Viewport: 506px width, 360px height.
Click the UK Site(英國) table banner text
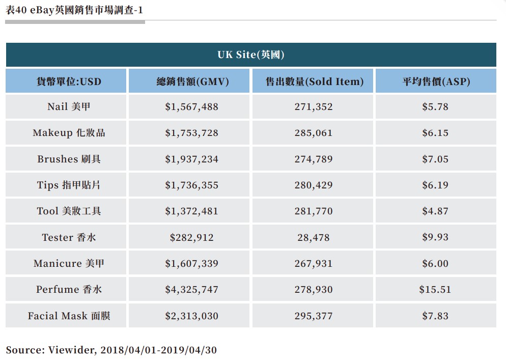(250, 55)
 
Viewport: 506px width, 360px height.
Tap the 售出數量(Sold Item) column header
(314, 81)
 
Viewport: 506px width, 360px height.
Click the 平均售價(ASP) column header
(436, 81)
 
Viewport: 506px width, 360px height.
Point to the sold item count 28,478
(313, 237)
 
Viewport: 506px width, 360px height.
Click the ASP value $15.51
(435, 289)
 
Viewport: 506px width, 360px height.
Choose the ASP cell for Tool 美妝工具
(435, 211)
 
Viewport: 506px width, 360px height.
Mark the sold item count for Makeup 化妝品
(313, 133)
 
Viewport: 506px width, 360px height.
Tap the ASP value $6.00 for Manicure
(435, 263)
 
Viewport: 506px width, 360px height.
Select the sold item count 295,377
(313, 316)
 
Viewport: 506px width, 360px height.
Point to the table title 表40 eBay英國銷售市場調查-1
(74, 9)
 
